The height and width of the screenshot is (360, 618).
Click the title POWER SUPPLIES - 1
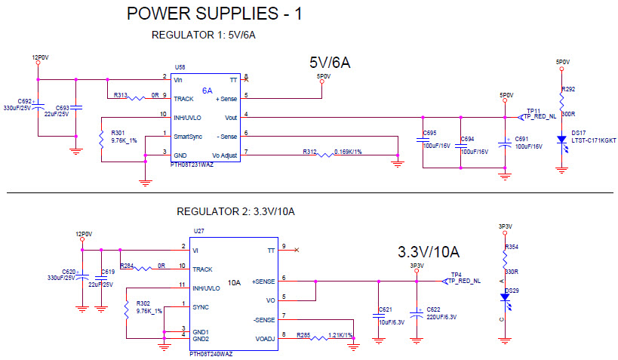point(214,14)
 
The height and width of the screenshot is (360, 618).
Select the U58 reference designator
point(180,67)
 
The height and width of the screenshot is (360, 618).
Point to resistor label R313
point(121,96)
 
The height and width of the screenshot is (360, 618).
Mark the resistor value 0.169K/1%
point(348,152)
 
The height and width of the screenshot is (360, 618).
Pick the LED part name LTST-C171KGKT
point(595,140)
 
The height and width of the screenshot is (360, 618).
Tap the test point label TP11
point(533,110)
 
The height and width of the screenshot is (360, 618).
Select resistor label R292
point(569,89)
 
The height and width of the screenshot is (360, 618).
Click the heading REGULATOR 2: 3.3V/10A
point(235,211)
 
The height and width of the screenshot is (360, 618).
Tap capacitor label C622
point(433,309)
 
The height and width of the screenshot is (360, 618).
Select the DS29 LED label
point(512,290)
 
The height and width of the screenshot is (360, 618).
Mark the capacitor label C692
point(24,100)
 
